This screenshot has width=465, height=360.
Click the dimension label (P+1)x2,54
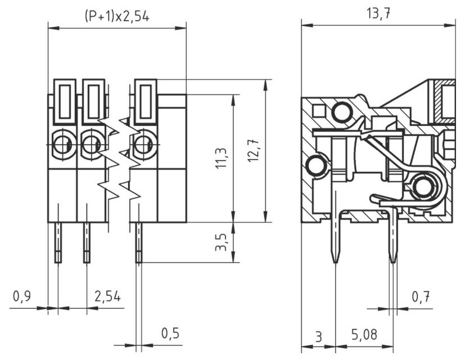(117, 16)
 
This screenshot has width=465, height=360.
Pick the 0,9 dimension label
(22, 296)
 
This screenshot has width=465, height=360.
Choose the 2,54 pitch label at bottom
(107, 296)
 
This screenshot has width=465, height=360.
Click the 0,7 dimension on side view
(421, 296)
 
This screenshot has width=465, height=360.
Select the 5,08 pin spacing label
(364, 336)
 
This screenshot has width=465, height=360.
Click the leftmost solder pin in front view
(58, 242)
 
